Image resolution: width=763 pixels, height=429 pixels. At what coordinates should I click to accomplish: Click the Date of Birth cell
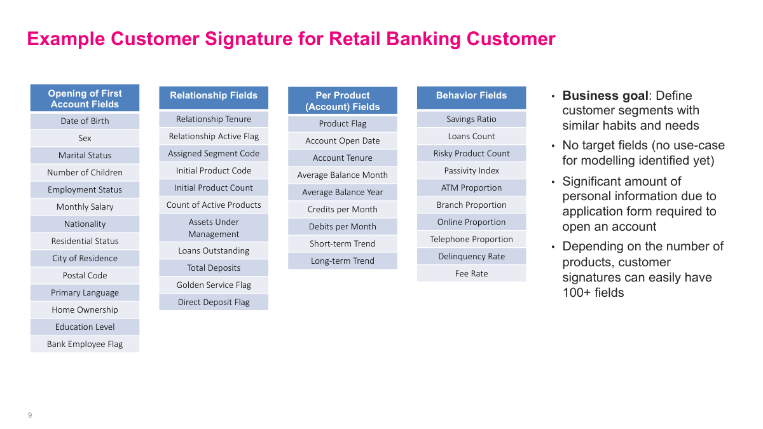85,121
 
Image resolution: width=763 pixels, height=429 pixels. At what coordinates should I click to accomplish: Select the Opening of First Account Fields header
85,99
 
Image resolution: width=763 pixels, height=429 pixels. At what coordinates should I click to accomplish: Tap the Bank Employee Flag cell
85,344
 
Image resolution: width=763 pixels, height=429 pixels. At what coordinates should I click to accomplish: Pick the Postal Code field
85,275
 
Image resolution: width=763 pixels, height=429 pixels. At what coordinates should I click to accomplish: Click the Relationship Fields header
214,96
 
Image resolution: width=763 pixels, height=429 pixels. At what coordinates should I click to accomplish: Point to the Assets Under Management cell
214,228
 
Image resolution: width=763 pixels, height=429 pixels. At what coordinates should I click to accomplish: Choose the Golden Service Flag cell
214,285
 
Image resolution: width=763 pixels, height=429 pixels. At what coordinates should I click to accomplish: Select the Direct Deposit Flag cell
214,302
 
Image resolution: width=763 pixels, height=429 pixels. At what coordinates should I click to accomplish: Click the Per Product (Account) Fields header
343,101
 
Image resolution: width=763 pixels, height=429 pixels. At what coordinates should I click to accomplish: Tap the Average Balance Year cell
343,192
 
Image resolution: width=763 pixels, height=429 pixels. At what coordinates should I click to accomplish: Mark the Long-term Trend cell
343,261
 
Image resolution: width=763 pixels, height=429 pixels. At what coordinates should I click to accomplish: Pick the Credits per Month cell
343,209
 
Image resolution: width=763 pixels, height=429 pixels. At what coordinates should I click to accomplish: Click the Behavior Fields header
471,96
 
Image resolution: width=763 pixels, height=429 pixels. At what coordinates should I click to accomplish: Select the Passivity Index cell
471,170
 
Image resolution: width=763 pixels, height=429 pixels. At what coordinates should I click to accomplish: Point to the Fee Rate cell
471,273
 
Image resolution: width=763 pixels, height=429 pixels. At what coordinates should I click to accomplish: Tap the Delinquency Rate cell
471,256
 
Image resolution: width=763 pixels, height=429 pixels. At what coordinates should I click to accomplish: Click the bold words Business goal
605,96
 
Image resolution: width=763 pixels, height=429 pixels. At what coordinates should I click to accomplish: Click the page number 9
30,415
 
